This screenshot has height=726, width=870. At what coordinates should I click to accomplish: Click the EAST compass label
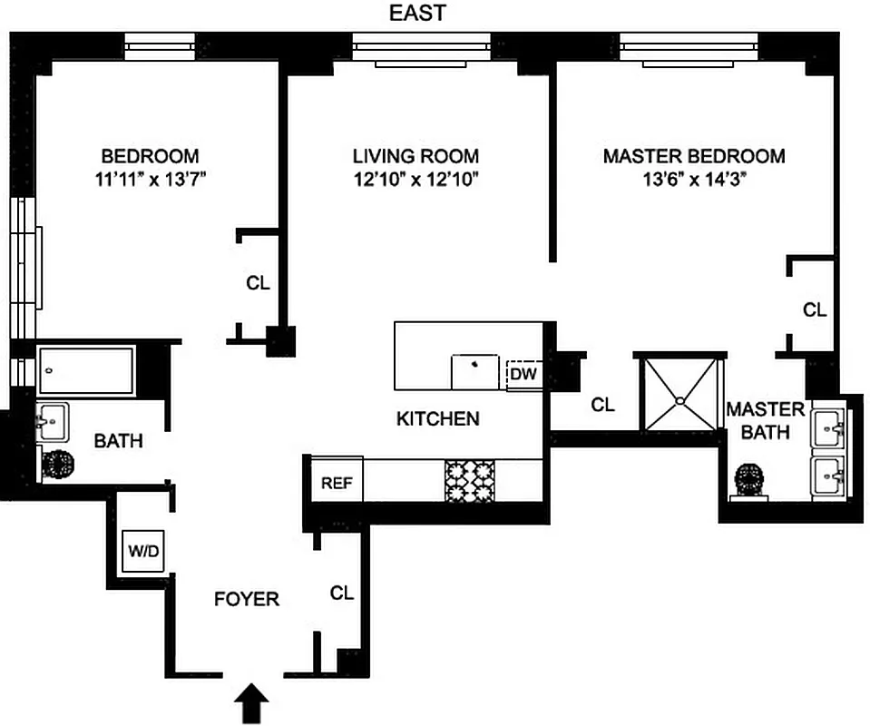417,13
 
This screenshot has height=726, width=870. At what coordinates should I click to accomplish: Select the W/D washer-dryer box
140,550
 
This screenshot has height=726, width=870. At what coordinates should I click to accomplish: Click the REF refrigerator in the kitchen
337,483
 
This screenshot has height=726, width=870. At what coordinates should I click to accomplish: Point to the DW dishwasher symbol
523,373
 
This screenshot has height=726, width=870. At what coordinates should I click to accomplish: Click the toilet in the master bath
751,480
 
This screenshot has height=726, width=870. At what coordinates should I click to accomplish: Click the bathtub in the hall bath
87,370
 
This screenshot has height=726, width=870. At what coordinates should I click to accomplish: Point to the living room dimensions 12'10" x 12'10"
415,179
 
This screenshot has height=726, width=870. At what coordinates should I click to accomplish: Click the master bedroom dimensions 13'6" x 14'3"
693,179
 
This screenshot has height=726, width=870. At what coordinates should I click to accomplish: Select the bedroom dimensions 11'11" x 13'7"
149,179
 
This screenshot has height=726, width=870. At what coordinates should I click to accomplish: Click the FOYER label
246,599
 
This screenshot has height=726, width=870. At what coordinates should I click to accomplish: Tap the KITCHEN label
437,418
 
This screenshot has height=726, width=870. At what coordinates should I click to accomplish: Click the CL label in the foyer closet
341,594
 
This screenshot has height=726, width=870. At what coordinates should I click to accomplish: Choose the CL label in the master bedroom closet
815,309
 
